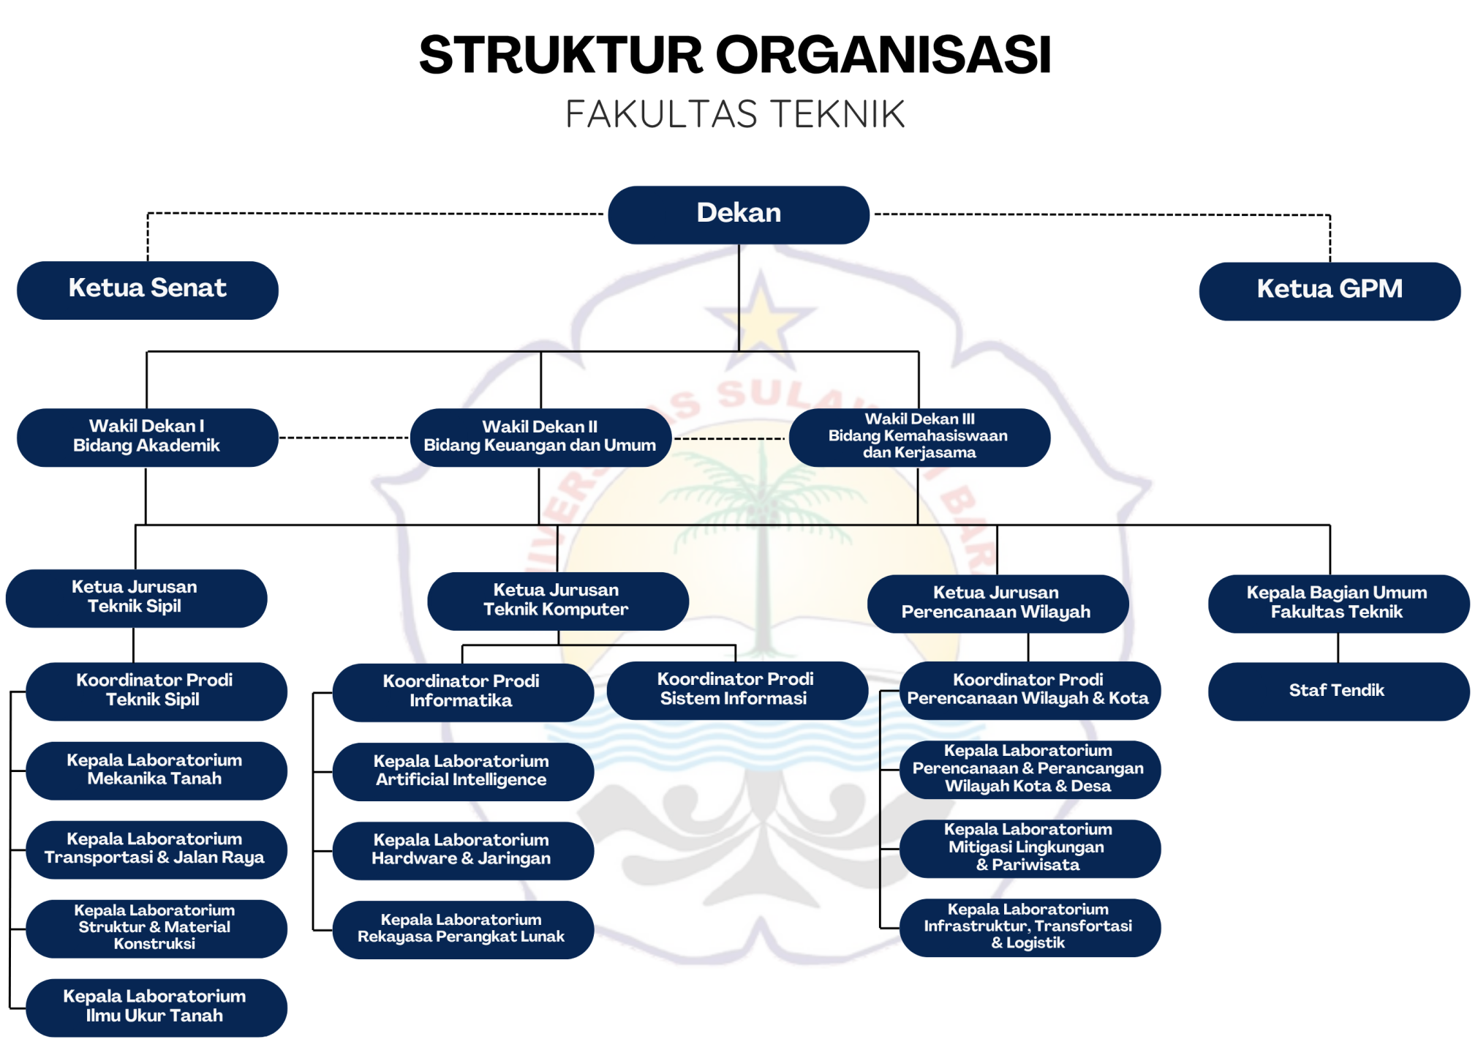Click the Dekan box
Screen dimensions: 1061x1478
click(738, 214)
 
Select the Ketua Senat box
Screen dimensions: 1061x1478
click(147, 290)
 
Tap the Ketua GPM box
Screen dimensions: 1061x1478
click(1329, 290)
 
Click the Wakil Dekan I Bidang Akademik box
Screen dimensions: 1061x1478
click(147, 437)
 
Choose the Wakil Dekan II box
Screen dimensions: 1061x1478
click(540, 437)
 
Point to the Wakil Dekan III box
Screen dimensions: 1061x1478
click(919, 437)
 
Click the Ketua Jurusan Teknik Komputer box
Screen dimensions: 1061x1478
click(557, 601)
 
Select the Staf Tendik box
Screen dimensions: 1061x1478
click(1338, 691)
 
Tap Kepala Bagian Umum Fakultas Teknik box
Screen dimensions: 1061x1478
click(1338, 603)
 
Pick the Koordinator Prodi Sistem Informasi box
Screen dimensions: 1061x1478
click(736, 690)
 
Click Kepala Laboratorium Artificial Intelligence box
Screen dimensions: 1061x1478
click(462, 771)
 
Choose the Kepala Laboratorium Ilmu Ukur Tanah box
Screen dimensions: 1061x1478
click(156, 1007)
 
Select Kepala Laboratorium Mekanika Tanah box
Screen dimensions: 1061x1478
click(156, 771)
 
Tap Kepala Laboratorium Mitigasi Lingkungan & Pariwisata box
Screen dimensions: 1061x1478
click(1029, 848)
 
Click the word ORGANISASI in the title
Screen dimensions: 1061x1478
click(883, 56)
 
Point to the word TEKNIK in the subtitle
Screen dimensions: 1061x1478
click(838, 115)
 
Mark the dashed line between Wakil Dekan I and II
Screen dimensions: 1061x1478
click(344, 438)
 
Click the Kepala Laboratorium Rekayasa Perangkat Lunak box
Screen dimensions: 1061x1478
click(462, 929)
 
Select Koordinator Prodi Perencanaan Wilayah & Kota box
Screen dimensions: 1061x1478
click(1029, 690)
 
